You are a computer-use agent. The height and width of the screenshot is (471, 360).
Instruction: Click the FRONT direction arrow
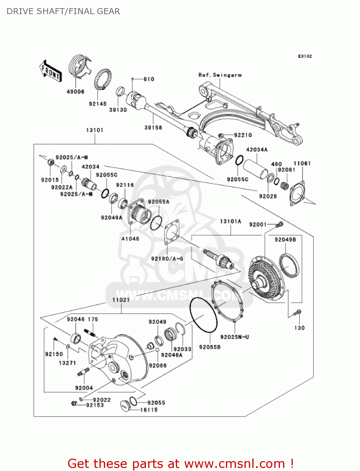(51, 71)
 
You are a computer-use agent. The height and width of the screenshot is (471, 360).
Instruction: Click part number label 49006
(75, 92)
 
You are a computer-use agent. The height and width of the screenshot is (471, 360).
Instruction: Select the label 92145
(98, 104)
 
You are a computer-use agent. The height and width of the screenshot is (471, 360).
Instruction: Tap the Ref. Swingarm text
(220, 75)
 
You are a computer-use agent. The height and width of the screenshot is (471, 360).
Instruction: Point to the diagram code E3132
(305, 56)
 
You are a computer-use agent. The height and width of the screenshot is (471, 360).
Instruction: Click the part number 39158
(153, 127)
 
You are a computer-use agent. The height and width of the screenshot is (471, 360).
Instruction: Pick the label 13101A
(230, 221)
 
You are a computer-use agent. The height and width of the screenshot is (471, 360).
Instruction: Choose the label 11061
(302, 163)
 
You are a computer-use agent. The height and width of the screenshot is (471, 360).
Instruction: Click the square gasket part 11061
(298, 193)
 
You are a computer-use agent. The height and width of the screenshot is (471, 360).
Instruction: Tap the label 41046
(130, 239)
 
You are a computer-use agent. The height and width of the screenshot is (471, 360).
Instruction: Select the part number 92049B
(285, 240)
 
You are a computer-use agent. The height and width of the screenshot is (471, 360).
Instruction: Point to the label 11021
(121, 300)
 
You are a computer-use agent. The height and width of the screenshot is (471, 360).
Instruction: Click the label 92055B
(210, 347)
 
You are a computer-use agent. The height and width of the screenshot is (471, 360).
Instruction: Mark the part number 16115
(149, 410)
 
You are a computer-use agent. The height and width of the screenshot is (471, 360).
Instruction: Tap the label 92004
(84, 388)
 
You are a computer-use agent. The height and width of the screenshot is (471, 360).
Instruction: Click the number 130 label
(299, 328)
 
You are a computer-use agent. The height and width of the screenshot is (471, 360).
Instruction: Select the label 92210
(243, 135)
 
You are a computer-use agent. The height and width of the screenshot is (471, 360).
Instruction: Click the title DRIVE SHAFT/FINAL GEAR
(63, 11)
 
